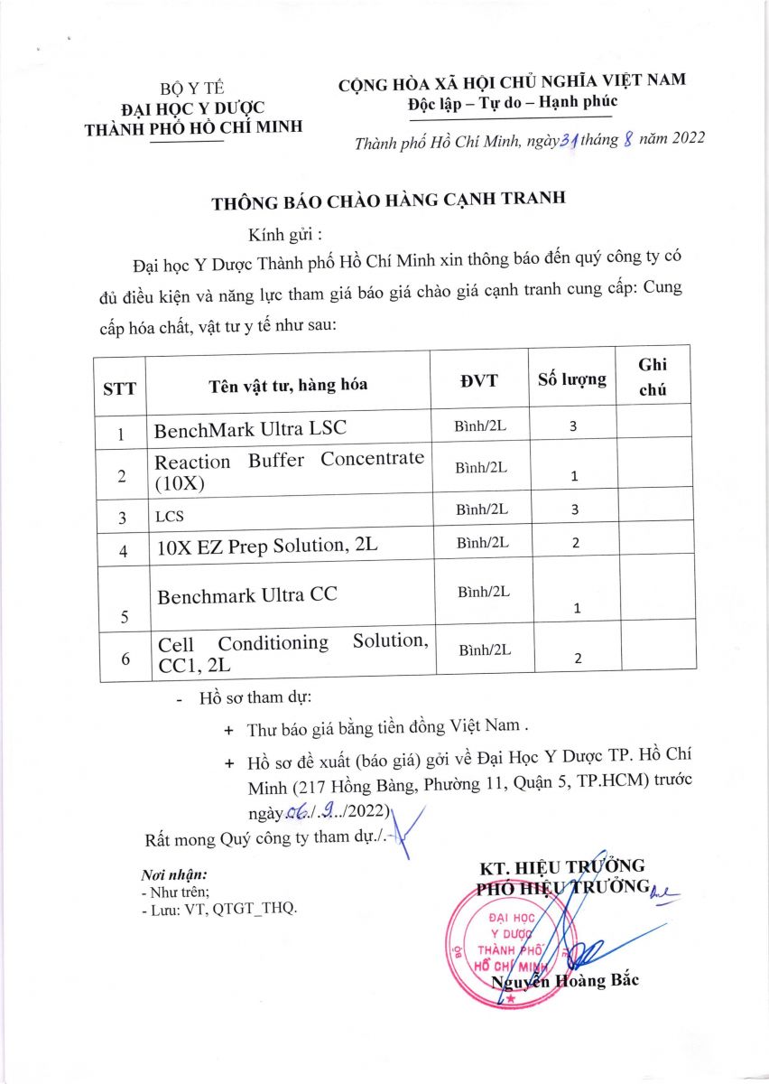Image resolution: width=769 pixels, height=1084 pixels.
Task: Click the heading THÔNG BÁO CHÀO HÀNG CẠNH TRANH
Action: pos(388,201)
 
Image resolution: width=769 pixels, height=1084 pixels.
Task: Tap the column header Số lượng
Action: pos(572,379)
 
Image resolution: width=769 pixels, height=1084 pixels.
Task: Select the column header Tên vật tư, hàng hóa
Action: pos(288,385)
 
